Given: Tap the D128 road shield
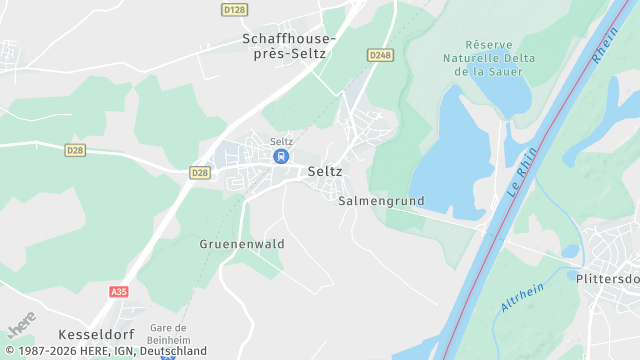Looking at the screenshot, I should [x=234, y=9].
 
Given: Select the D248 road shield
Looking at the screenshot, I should [x=379, y=55].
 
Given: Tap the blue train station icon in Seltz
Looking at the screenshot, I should [x=281, y=156].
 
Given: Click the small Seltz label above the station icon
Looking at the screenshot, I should [x=281, y=141].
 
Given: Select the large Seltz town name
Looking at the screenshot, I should [x=325, y=171].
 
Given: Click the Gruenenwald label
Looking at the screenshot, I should [x=242, y=244].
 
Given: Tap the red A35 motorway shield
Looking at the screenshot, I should [x=119, y=291].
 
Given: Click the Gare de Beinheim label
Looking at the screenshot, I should [x=168, y=333].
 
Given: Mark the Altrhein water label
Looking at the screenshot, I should [x=522, y=296].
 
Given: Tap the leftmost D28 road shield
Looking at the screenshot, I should [x=75, y=150].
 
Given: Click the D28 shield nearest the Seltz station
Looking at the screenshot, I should [x=200, y=173].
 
